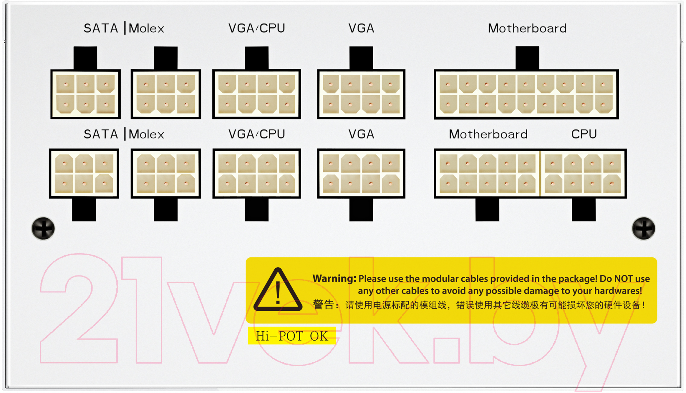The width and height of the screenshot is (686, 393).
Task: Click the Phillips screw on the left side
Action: pos(43,229)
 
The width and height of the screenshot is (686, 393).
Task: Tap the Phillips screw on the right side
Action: pos(643,229)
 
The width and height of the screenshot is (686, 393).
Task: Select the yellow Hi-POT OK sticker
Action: pos(292,336)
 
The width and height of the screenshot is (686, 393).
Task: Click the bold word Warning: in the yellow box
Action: pos(334,279)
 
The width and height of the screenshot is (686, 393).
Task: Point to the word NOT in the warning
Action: pos(624,279)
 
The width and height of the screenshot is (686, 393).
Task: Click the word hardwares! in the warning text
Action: pos(618,291)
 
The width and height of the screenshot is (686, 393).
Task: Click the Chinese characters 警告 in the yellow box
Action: pos(323,305)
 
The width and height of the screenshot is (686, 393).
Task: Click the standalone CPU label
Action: pos(584,134)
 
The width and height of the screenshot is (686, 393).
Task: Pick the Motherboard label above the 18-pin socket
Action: pos(527,28)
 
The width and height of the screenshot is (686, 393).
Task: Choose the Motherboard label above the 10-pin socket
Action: pos(488,134)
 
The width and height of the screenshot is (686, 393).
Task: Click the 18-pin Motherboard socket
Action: pos(526,94)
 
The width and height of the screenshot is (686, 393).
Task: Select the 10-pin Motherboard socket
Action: pos(487,173)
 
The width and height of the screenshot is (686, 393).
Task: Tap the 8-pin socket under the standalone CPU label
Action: pos(583,173)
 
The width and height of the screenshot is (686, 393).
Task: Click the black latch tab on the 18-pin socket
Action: pos(527,58)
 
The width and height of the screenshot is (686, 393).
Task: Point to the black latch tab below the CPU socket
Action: pos(583,210)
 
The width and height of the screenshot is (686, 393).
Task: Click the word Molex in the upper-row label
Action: pos(146,28)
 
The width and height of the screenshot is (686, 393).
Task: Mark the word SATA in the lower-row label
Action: pos(101,134)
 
